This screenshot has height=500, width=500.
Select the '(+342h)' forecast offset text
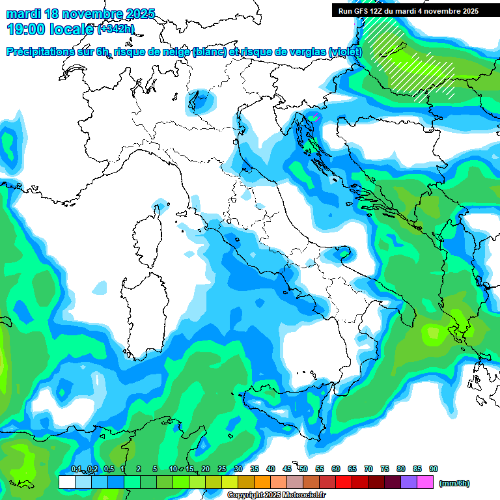116,29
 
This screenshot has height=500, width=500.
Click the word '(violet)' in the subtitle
346,52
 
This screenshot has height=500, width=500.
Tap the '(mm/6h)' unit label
454,483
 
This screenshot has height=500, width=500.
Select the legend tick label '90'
434,469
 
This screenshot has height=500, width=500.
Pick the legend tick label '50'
303,469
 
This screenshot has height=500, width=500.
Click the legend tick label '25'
222,469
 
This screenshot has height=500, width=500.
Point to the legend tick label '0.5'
108,469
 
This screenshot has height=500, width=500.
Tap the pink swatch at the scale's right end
425,482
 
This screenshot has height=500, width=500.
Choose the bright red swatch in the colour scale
344,482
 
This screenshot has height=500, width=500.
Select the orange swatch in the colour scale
262,482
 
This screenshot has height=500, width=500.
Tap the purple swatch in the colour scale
409,482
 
